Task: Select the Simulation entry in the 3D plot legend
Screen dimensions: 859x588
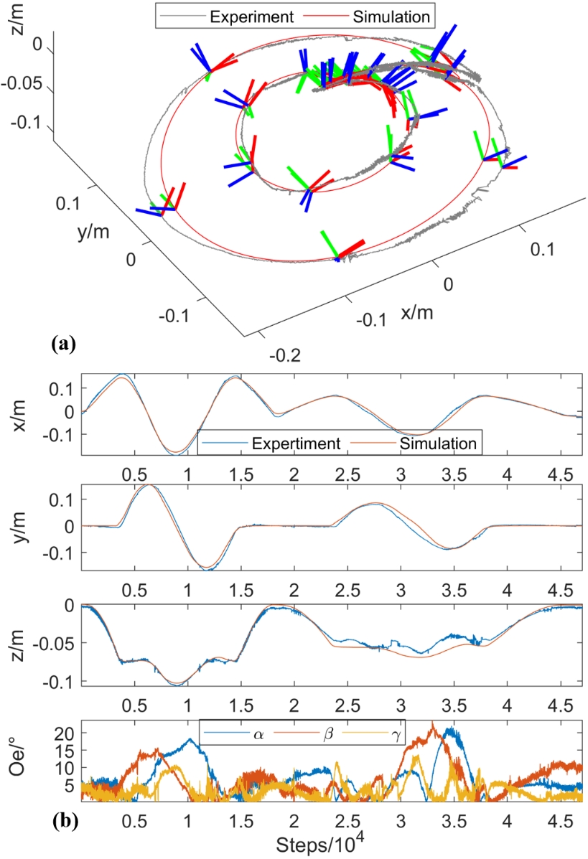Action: click(381, 14)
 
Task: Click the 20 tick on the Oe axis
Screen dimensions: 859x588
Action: click(65, 733)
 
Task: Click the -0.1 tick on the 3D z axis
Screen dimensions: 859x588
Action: click(33, 123)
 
